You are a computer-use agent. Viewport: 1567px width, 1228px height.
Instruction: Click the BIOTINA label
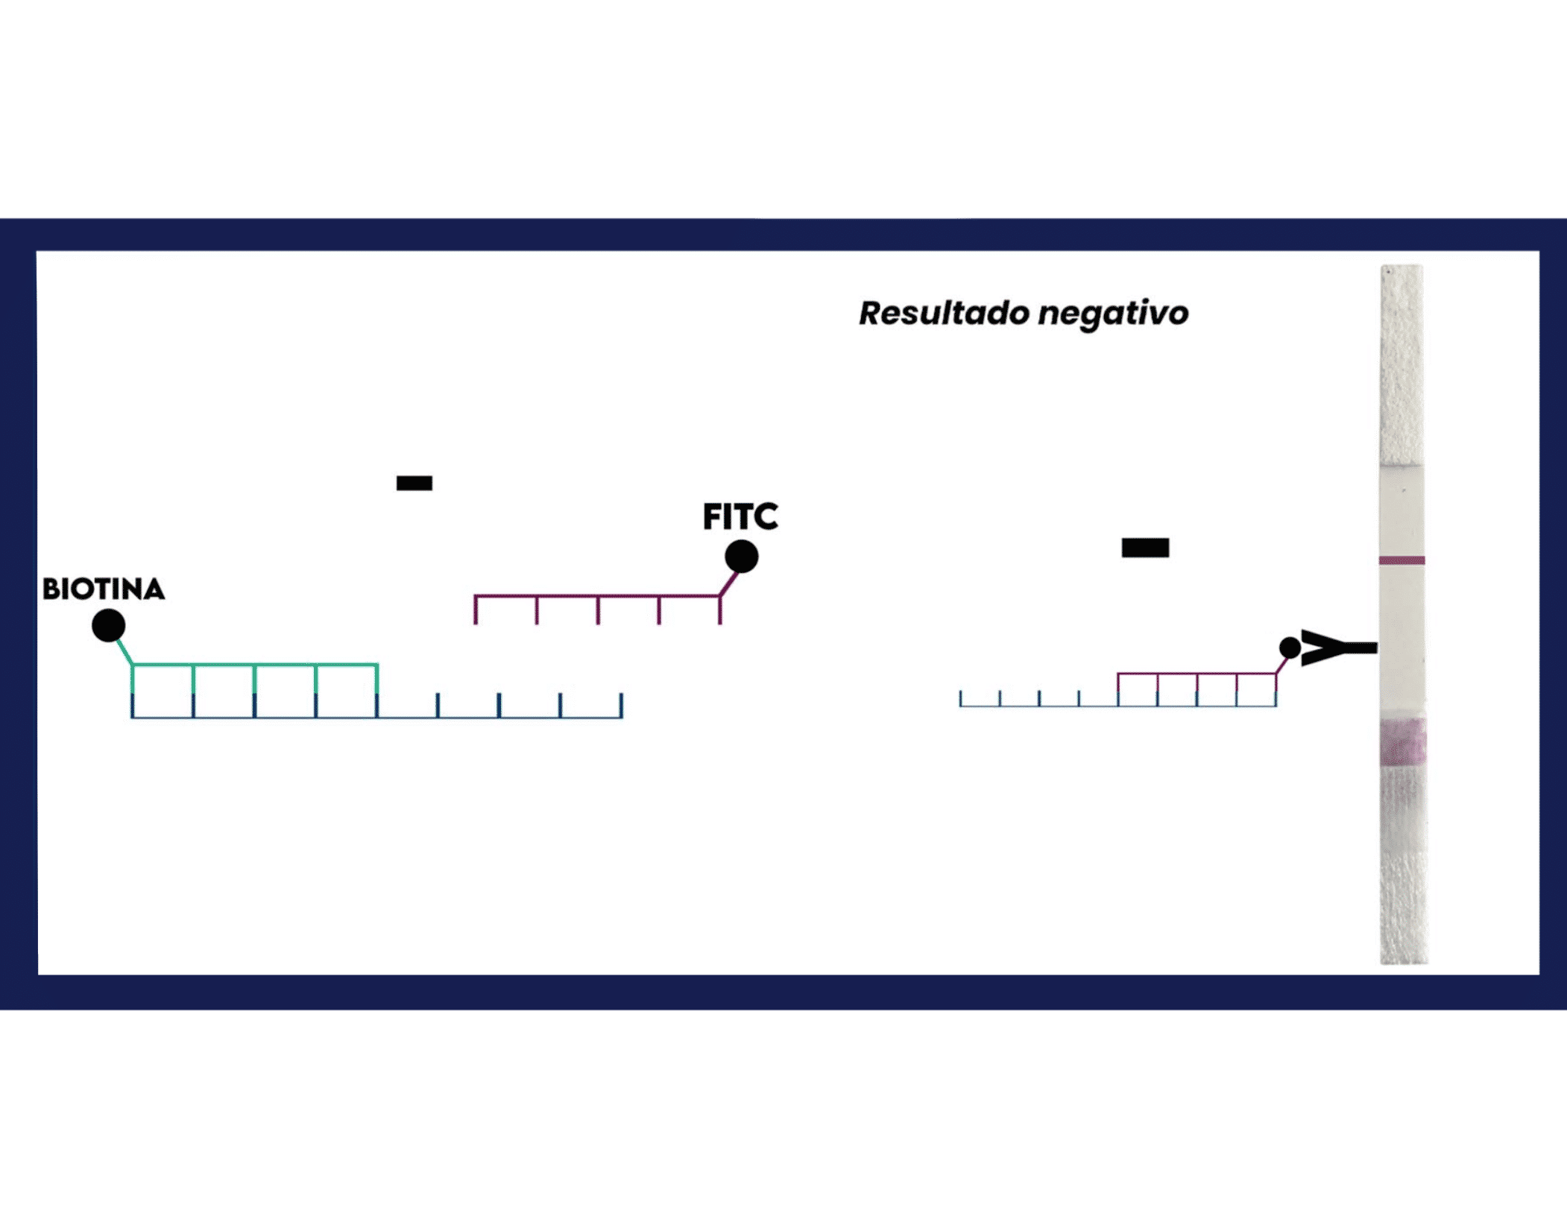(x=104, y=589)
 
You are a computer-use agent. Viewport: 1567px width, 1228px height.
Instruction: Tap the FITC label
(x=740, y=516)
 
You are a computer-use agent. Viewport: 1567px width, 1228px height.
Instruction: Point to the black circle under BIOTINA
(x=109, y=625)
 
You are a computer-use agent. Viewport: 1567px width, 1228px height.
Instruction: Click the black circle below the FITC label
(x=742, y=557)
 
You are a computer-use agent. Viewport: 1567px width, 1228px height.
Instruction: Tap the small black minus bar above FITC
(x=414, y=484)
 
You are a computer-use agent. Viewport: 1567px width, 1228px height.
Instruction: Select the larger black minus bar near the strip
(x=1145, y=548)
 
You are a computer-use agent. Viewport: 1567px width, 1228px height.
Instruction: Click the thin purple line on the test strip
(x=1402, y=560)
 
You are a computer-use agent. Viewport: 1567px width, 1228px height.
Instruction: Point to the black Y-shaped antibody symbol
(x=1339, y=648)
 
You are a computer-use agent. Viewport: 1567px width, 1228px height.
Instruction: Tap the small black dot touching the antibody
(x=1290, y=648)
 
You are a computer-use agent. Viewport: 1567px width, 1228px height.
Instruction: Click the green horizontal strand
(x=255, y=665)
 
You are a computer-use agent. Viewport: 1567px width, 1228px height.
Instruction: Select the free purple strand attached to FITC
(x=598, y=596)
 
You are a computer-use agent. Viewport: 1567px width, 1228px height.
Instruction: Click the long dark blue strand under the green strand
(x=377, y=717)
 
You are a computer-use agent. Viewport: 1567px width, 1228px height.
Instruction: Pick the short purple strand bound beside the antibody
(x=1197, y=674)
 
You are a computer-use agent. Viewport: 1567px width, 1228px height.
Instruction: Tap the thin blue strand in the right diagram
(x=1118, y=705)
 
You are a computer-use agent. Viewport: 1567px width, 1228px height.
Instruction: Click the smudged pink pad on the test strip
(x=1403, y=741)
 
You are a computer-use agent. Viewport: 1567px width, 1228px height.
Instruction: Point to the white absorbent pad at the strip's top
(x=1402, y=365)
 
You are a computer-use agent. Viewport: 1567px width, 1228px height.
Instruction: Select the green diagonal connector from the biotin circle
(x=124, y=651)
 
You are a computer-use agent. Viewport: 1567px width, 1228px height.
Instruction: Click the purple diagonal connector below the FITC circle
(x=729, y=584)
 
